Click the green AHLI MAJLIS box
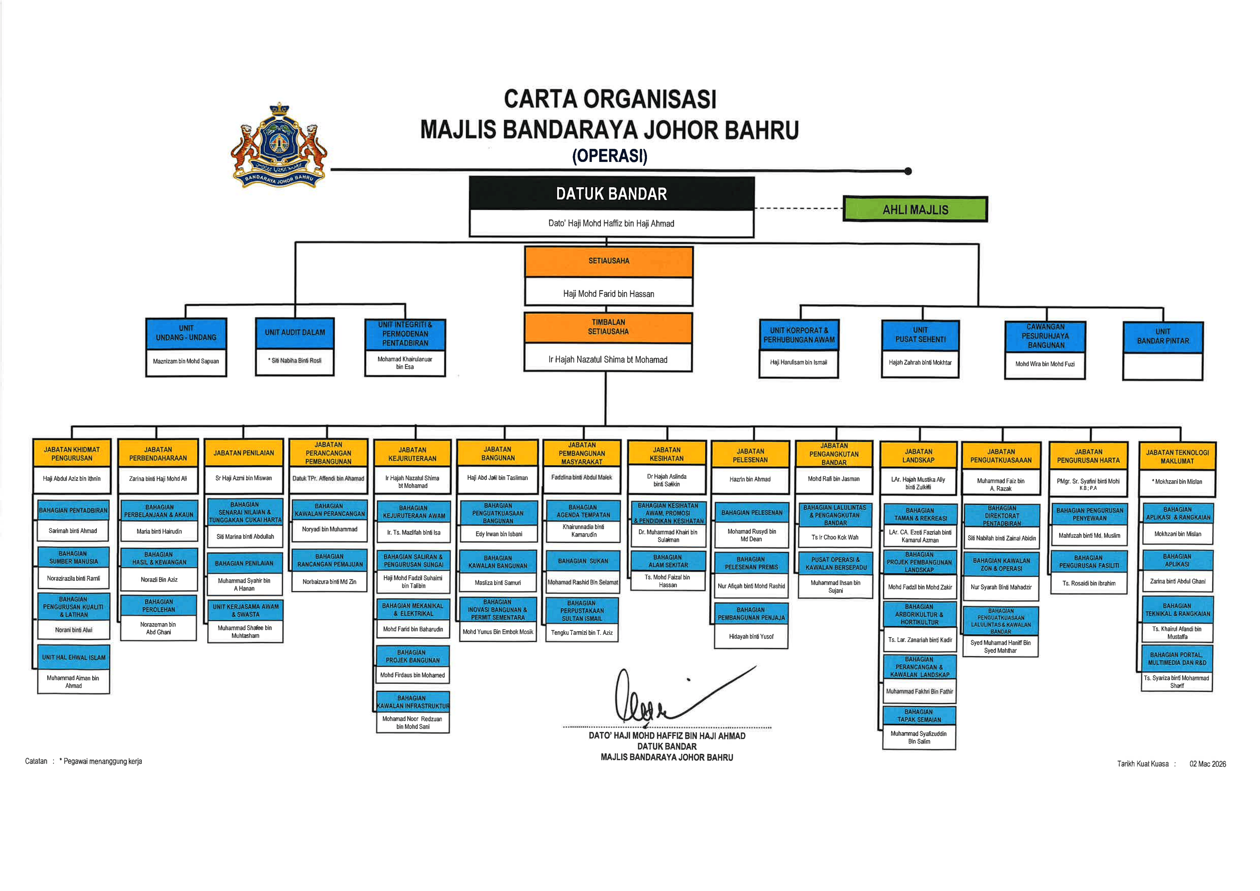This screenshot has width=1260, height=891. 915,209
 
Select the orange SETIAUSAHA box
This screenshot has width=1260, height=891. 608,261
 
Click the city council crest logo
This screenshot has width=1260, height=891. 279,146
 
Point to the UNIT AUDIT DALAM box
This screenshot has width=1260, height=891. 295,333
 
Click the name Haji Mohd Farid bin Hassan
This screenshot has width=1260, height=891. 608,294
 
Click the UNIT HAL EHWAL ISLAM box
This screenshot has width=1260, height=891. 74,657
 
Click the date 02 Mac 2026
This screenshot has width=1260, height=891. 1207,764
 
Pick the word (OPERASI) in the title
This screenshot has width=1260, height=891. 610,156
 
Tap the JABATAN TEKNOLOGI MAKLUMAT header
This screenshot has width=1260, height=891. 1177,457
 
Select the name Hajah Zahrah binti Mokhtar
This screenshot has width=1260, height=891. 920,362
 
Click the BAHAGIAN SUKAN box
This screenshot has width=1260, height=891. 583,561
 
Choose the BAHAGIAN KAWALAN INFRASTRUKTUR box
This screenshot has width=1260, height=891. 413,702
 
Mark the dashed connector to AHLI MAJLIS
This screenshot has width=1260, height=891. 799,208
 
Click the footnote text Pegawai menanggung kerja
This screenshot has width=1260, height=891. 102,761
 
